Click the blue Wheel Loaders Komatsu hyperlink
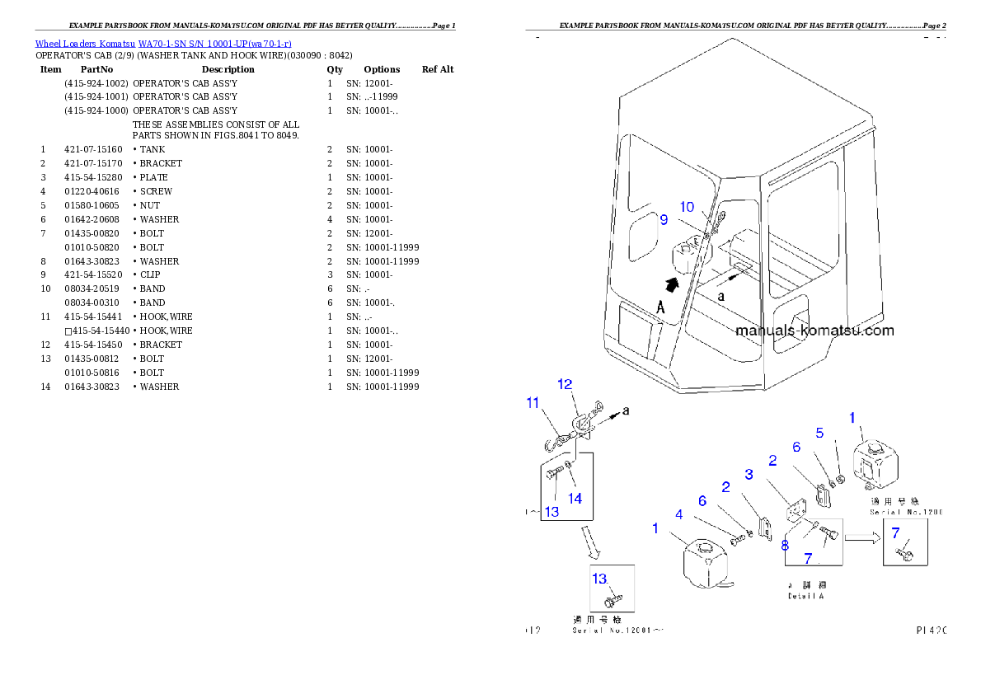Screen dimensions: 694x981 point(162,43)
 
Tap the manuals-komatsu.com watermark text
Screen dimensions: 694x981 point(814,331)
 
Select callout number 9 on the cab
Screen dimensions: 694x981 point(663,220)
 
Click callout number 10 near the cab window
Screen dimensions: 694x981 point(687,207)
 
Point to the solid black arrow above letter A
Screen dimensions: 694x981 point(674,284)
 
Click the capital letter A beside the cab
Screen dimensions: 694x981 point(660,307)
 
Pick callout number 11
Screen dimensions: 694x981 point(533,402)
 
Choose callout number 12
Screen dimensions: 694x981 point(565,384)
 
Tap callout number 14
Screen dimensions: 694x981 point(575,498)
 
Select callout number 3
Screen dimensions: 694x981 point(749,474)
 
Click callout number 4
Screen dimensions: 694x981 point(678,514)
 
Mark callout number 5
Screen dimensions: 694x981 point(819,432)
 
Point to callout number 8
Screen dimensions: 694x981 point(785,545)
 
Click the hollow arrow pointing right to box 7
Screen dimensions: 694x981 point(861,540)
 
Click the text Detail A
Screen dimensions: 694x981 point(805,595)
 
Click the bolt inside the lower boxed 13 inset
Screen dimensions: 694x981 point(615,595)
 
